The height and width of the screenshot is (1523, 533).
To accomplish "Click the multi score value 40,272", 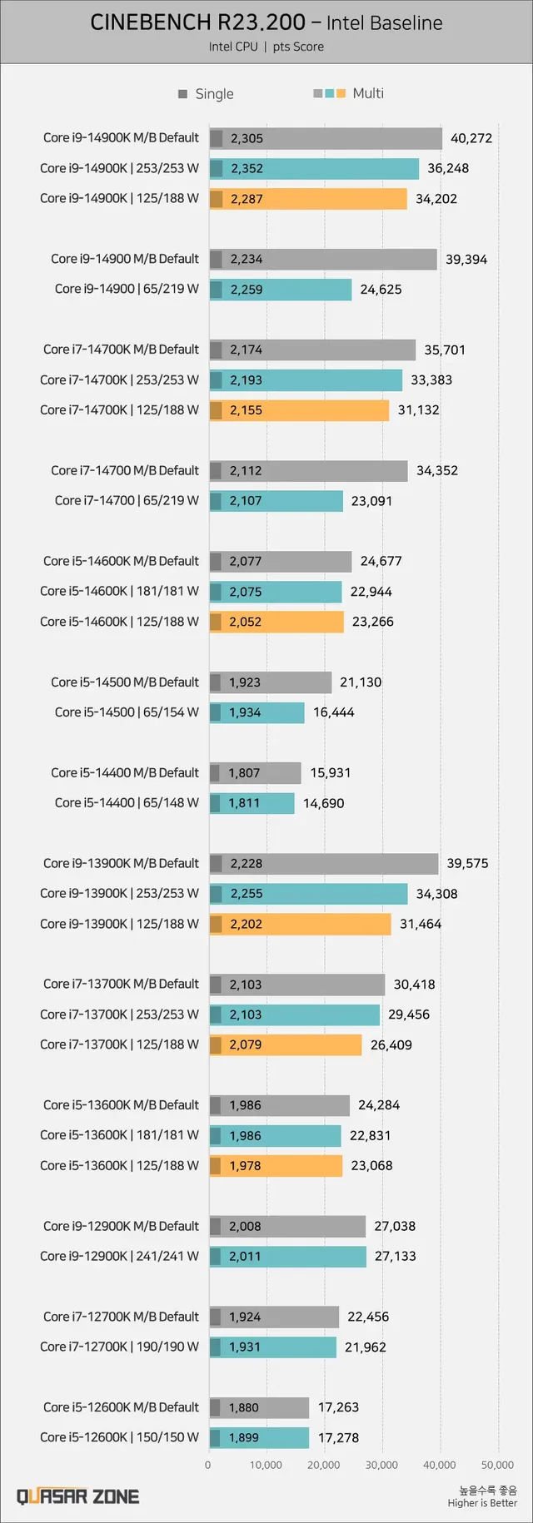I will coord(471,138).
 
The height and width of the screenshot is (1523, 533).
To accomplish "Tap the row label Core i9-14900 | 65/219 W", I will coord(127,289).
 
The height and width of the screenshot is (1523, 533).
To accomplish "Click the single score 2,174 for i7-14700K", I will coord(246,350).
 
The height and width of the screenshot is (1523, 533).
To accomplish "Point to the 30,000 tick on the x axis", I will coord(381,1465).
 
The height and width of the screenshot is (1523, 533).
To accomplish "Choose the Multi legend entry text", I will coord(368,93).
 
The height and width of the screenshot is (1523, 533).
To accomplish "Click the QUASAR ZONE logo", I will coord(78,1496).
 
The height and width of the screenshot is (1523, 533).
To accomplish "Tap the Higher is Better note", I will coord(482,1502).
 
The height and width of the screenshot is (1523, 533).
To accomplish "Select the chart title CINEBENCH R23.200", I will coord(197,22).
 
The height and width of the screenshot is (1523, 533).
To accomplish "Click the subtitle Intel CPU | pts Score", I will coord(266,47).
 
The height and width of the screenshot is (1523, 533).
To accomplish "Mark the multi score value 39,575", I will coord(467,863).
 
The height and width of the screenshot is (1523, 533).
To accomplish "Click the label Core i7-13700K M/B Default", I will coord(121,984).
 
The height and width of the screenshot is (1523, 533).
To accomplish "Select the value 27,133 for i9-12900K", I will coord(395,1256).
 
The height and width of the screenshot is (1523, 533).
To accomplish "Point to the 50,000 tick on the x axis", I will coord(497,1465).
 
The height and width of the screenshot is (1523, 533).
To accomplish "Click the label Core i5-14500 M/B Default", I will coord(125,682).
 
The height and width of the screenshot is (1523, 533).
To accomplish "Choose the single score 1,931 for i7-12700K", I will coord(245,1347).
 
